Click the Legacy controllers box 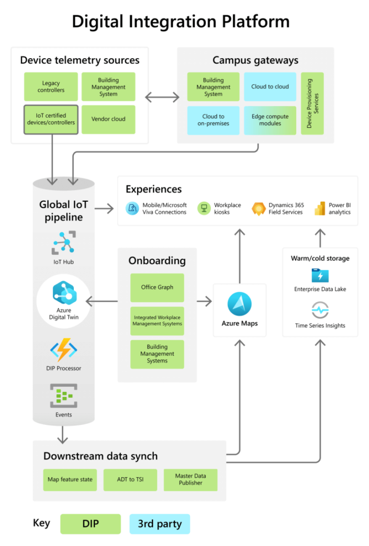[x=51, y=86]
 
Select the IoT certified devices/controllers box [x=51, y=119]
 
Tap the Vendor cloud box [x=108, y=119]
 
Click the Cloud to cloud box [x=270, y=86]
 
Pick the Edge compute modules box [x=270, y=120]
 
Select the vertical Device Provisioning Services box [x=312, y=103]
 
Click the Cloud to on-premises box [x=213, y=120]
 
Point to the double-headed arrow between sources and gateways [x=162, y=97]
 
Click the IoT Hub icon [x=64, y=243]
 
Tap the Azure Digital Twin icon [x=64, y=293]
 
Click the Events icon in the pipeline [x=64, y=396]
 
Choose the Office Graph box [x=157, y=287]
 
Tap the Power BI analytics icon [x=319, y=208]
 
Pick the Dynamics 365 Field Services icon [x=259, y=208]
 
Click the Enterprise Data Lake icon [x=320, y=276]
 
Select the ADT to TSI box [x=130, y=479]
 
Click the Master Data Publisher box [x=190, y=479]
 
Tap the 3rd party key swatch [x=159, y=524]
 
